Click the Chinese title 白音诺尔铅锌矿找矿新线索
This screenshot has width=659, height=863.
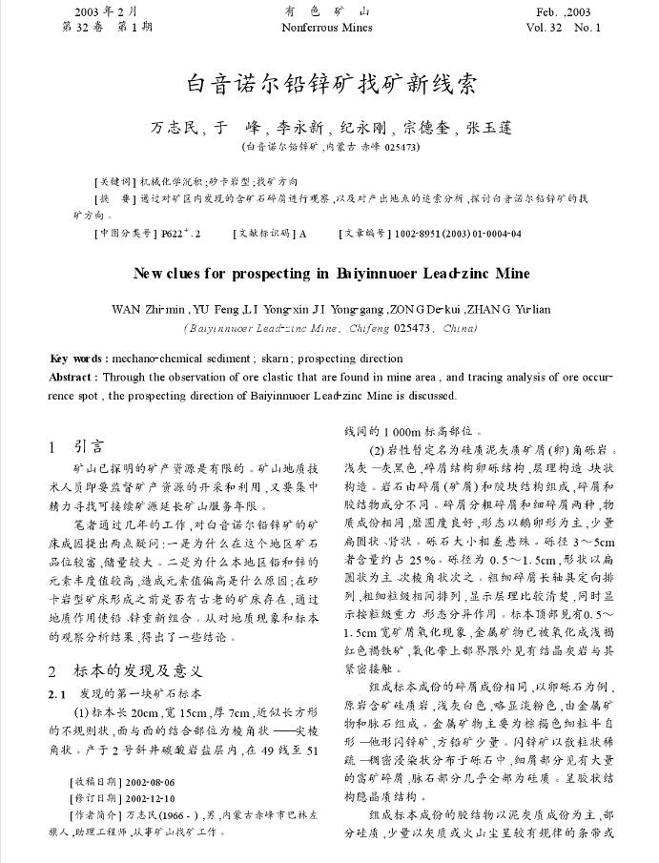330,84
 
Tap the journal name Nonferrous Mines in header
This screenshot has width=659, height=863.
327,28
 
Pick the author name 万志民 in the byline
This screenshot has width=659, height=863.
175,127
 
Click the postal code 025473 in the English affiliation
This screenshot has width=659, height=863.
413,328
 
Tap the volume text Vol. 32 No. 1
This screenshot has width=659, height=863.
564,28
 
